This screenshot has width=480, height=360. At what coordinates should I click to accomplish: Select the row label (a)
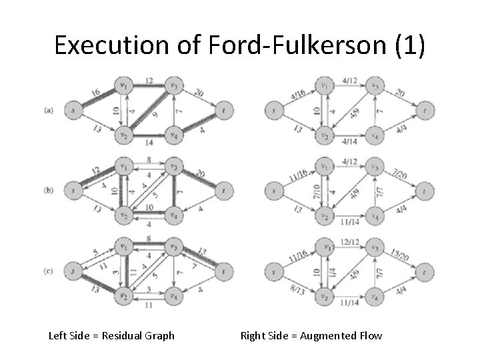point(49,110)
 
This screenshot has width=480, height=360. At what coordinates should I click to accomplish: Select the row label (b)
point(49,190)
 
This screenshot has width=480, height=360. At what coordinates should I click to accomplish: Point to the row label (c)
point(49,270)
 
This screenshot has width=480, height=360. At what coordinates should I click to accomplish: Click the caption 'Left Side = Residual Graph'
point(112,335)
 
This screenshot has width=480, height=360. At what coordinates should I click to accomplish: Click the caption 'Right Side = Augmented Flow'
point(311,335)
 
